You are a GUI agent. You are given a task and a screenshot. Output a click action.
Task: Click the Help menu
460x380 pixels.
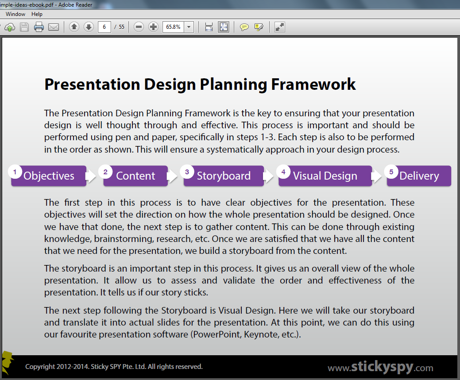pos(37,14)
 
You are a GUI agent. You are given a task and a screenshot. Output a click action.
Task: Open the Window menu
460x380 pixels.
pos(15,14)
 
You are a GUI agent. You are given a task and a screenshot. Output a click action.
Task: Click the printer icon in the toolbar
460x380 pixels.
pos(39,27)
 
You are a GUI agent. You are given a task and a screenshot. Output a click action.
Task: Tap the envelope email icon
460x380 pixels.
pos(54,27)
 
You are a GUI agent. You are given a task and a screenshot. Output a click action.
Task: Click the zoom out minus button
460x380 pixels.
pos(139,27)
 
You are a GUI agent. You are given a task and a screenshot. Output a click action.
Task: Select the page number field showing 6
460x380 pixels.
pos(104,27)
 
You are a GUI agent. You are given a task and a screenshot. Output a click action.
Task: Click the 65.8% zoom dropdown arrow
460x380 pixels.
pos(189,27)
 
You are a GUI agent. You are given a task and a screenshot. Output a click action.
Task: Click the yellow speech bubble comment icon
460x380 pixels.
pos(244,27)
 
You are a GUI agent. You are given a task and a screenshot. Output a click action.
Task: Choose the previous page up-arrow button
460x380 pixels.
pos(74,27)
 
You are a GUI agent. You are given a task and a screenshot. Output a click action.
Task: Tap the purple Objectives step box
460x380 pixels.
pos(49,176)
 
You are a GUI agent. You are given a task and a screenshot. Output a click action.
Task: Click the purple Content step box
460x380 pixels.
pos(135,176)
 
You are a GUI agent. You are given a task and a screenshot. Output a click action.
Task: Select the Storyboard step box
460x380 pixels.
pos(224,176)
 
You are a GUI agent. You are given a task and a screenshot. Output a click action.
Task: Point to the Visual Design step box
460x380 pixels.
pos(325,176)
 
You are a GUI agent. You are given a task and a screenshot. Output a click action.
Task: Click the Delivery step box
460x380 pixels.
pos(419,176)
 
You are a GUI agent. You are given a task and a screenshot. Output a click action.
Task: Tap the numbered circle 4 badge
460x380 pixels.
pos(283,172)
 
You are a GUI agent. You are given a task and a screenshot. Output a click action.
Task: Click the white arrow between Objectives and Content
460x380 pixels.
pos(91,176)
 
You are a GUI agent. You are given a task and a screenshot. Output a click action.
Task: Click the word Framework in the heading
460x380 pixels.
pos(313,84)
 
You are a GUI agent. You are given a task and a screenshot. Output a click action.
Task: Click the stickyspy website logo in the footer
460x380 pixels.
pos(380,367)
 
